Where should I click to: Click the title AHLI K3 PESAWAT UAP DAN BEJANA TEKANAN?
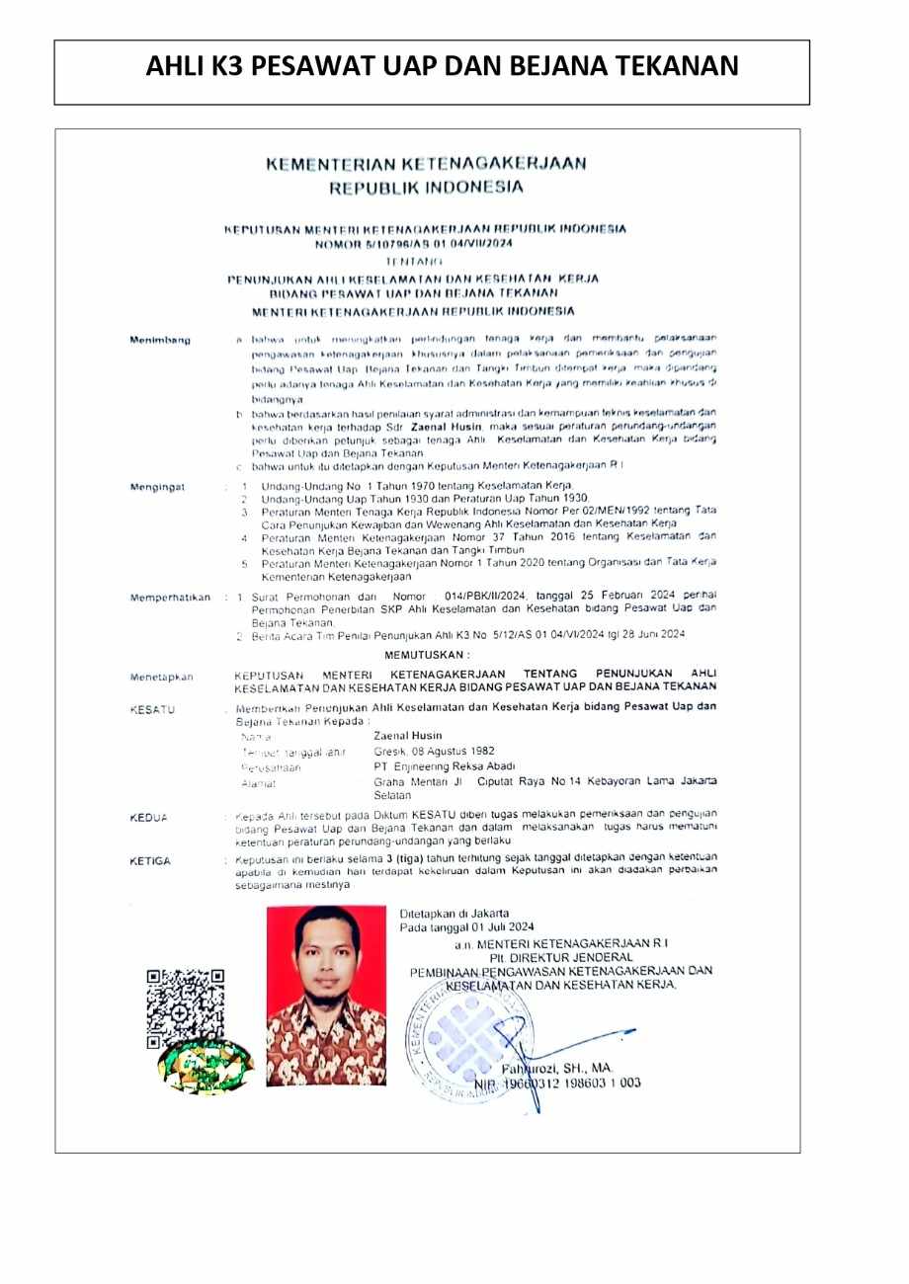tap(442, 66)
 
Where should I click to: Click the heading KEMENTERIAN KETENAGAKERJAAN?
tap(426, 163)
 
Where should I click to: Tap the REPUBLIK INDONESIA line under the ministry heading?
tap(426, 187)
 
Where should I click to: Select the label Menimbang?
tap(160, 340)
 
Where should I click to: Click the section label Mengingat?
tap(157, 487)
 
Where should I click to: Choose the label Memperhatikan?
tap(170, 598)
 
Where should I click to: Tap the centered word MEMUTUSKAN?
tap(427, 654)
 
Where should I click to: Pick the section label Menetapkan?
tap(162, 677)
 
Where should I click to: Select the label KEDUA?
tap(149, 818)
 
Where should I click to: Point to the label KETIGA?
tap(150, 861)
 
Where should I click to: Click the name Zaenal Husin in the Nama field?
tap(408, 736)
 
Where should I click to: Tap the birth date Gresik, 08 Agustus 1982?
tap(435, 751)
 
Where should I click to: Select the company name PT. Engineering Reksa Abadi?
tap(445, 766)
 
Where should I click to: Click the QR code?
tap(185, 1007)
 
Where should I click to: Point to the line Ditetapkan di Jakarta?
tap(454, 914)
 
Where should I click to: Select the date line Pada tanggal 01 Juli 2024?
tap(466, 927)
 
